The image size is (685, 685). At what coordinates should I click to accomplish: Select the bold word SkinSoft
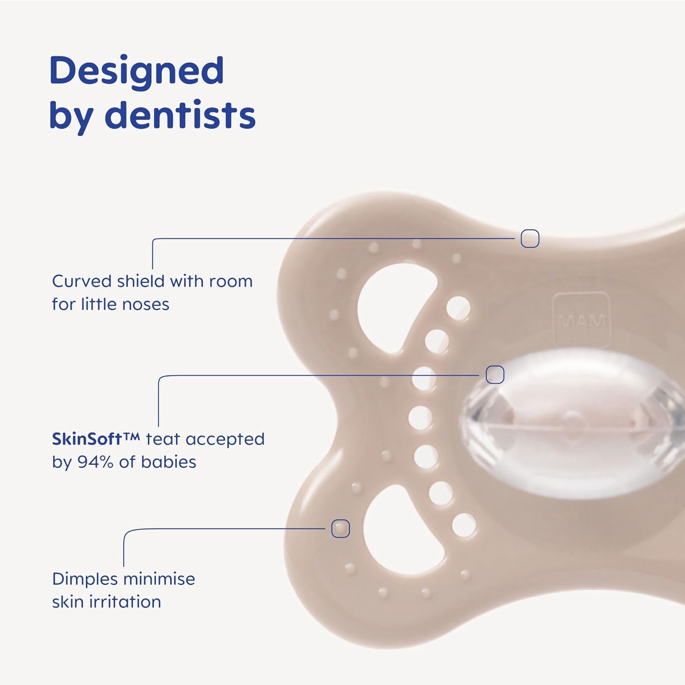pos(86,439)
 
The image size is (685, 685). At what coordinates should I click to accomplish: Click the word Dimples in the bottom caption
pos(85,580)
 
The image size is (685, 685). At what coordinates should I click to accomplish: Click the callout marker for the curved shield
pos(530,238)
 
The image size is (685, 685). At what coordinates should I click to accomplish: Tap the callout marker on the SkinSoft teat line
pos(495,374)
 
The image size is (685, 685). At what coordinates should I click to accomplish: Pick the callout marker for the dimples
pos(340,528)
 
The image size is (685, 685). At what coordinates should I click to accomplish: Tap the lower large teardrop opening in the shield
pos(388,530)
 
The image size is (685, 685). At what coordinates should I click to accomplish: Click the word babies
pos(169,462)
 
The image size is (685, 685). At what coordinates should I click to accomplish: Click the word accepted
pos(225,439)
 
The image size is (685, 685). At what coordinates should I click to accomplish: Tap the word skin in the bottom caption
pos(69,602)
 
